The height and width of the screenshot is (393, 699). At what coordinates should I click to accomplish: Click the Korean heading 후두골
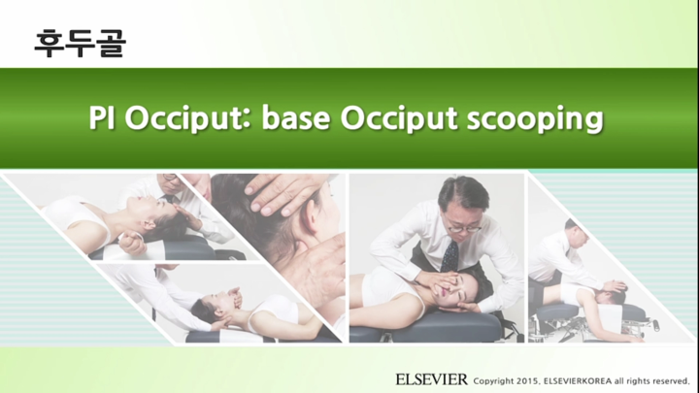pyautogui.click(x=79, y=43)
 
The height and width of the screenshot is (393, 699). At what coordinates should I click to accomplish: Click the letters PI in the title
pyautogui.click(x=103, y=118)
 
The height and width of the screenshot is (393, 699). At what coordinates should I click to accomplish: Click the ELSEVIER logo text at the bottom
pyautogui.click(x=431, y=378)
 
